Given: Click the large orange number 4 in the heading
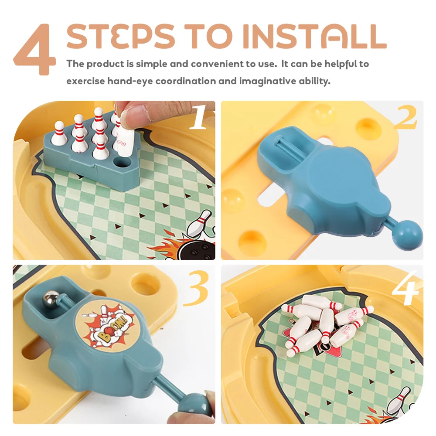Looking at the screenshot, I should (35, 51).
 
